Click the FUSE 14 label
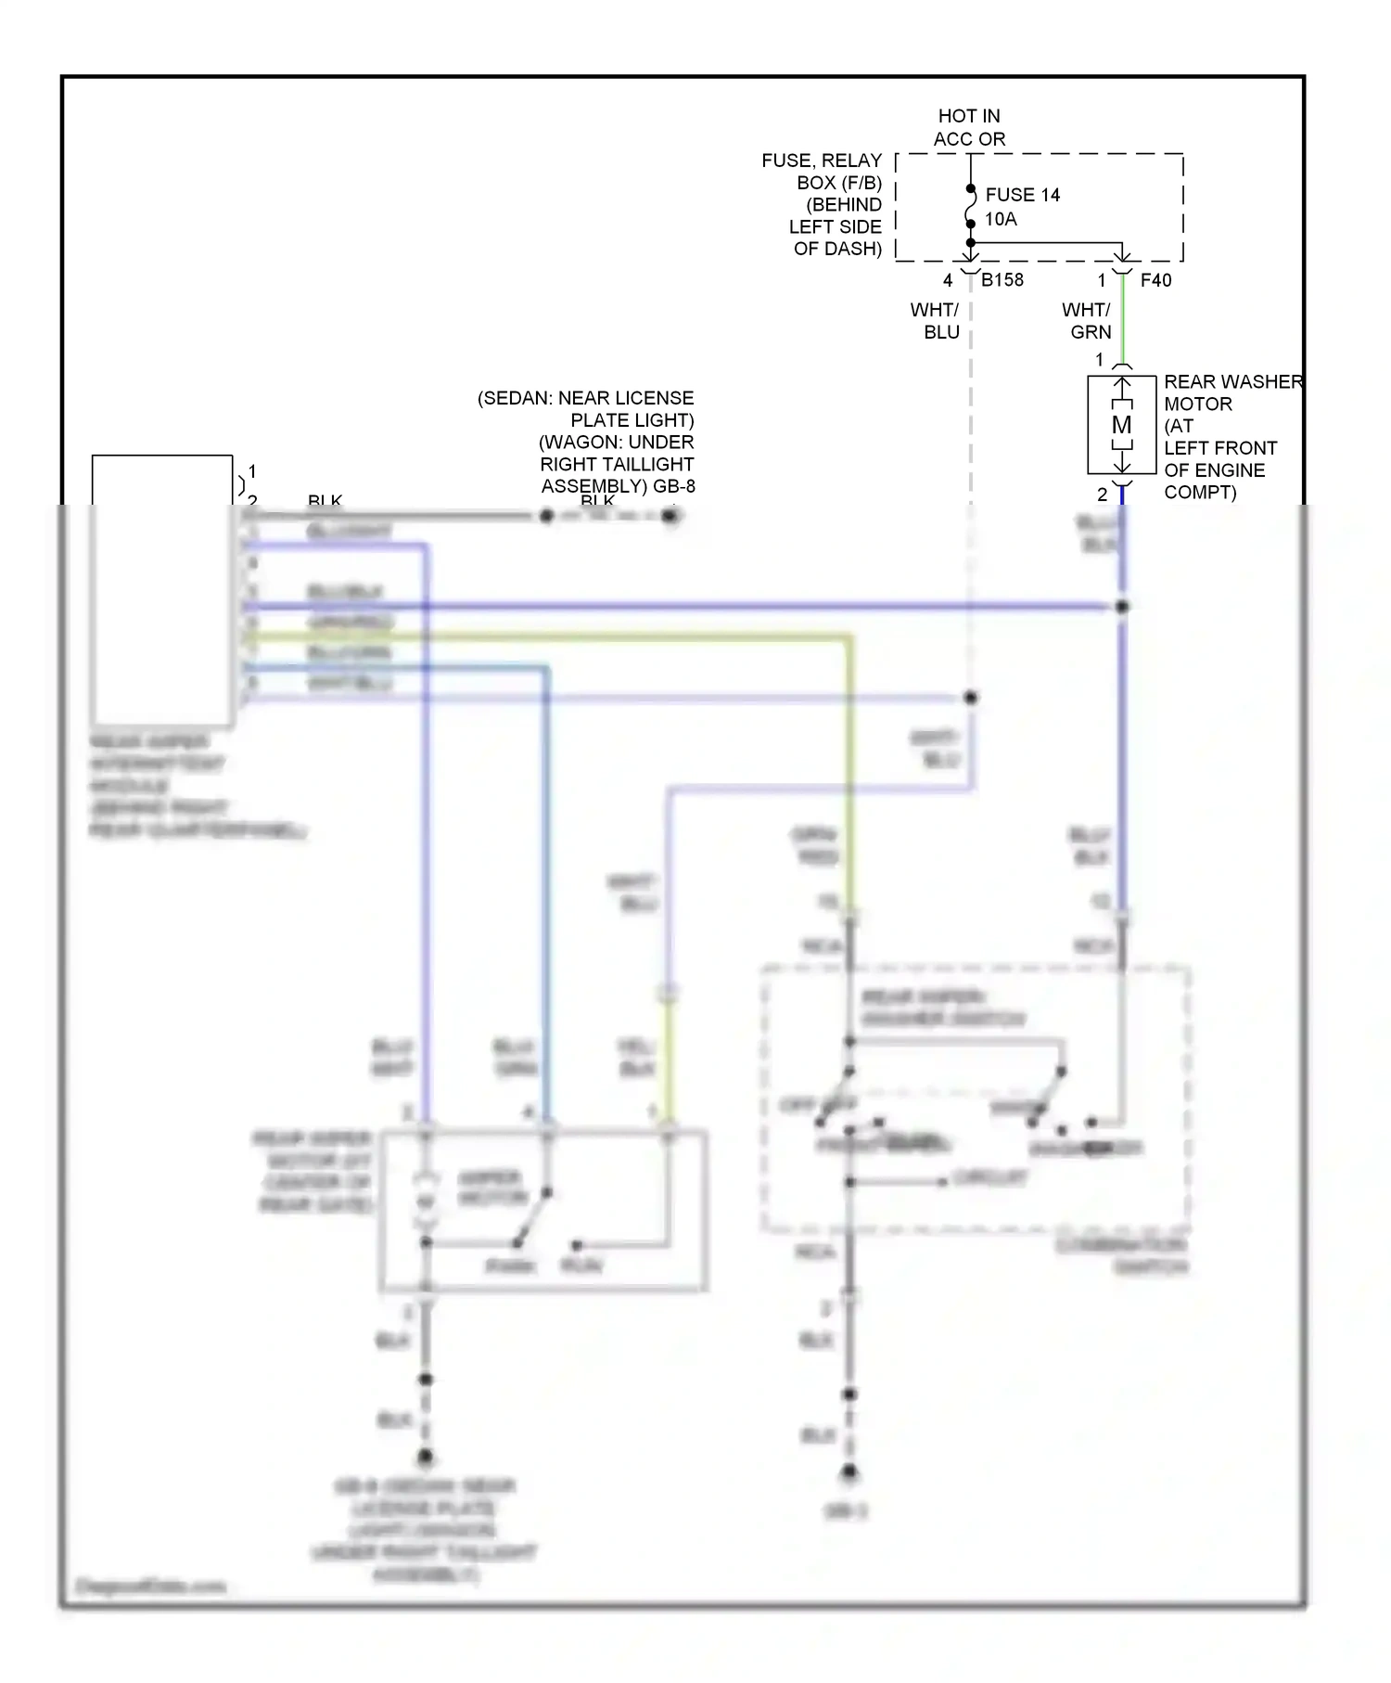coord(1022,195)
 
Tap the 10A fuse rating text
coord(1001,219)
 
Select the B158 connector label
coord(1002,279)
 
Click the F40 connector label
coord(1155,280)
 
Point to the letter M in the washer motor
coord(1121,425)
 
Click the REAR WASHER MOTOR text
coord(1231,382)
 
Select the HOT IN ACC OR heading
coord(969,127)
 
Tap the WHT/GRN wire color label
coord(1086,321)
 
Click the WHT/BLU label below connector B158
coord(935,321)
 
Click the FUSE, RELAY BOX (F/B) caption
coord(822,172)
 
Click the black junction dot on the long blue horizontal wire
coord(1121,606)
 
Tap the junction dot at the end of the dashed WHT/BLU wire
coord(970,697)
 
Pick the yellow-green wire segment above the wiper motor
coord(667,1058)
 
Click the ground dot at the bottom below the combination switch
coord(849,1471)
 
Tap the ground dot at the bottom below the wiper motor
coord(425,1458)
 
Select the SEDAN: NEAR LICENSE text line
coord(585,398)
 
